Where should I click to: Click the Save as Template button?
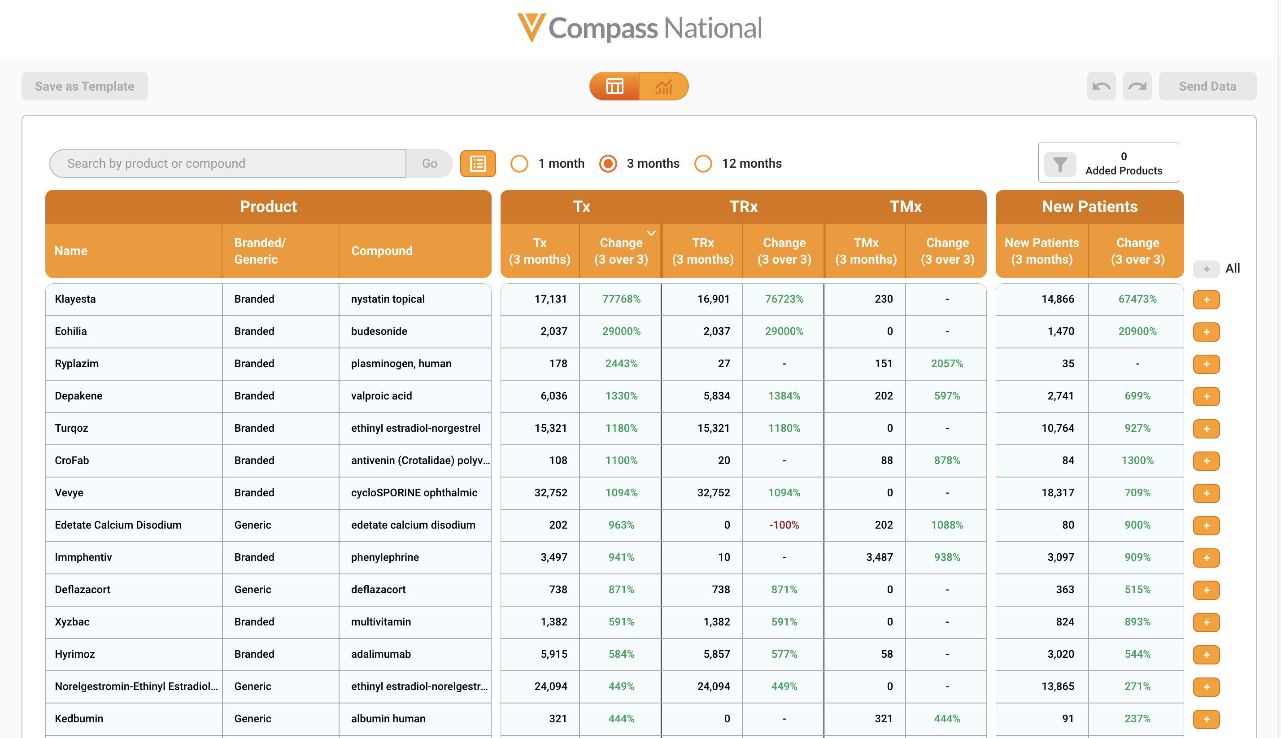[85, 86]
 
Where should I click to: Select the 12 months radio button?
[703, 164]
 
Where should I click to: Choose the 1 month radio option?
[519, 164]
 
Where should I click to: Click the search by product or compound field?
[228, 164]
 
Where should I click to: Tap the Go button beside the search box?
[429, 164]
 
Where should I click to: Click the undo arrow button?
[1101, 86]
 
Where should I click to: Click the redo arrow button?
[1137, 86]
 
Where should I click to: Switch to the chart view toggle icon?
[663, 86]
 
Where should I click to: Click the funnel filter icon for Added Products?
[1060, 164]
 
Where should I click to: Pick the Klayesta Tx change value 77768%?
[621, 299]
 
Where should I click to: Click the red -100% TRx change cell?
[784, 525]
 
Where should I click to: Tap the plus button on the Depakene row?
[1206, 396]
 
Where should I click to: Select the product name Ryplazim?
[77, 364]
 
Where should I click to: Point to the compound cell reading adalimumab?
[381, 654]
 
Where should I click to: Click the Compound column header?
[382, 251]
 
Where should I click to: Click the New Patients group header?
[1089, 207]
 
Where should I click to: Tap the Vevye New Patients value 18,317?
[1058, 493]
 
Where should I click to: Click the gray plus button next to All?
[1206, 269]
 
